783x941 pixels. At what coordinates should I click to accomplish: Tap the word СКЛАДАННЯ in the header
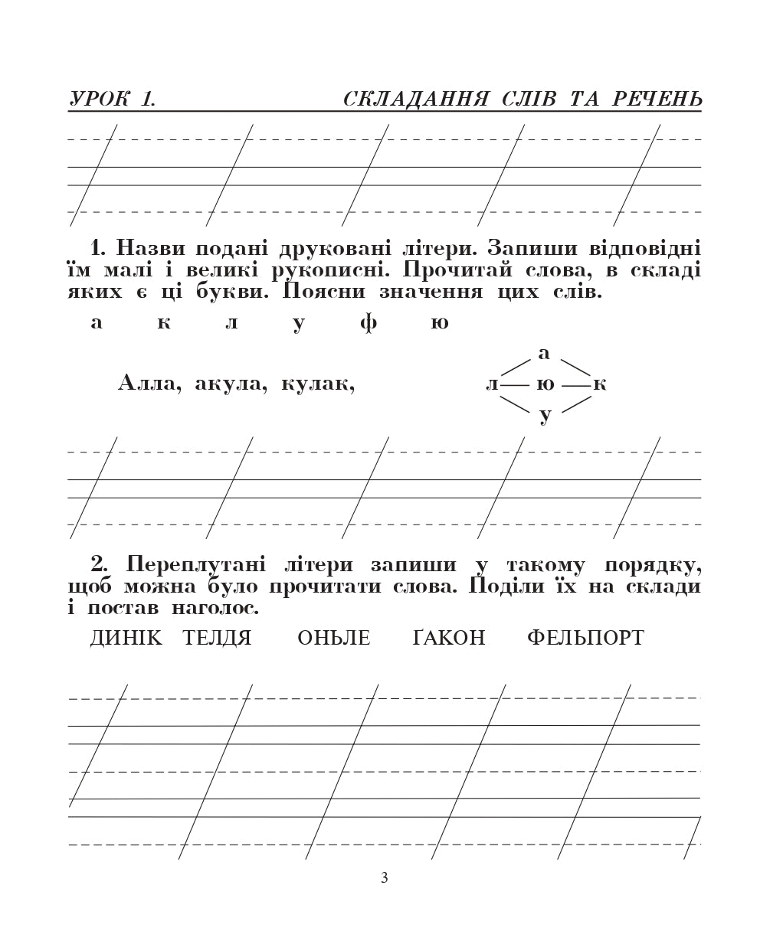pyautogui.click(x=416, y=100)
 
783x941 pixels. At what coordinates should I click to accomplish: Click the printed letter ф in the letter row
pyautogui.click(x=369, y=323)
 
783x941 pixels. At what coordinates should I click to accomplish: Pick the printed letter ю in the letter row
pyautogui.click(x=439, y=323)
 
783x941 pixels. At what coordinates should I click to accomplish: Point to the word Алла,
pyautogui.click(x=150, y=383)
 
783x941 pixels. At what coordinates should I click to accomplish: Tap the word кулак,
pyautogui.click(x=318, y=383)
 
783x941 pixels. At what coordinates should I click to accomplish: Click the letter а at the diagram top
pyautogui.click(x=544, y=353)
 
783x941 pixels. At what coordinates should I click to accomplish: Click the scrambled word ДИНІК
pyautogui.click(x=126, y=638)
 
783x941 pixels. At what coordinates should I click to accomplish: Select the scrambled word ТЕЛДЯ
pyautogui.click(x=217, y=638)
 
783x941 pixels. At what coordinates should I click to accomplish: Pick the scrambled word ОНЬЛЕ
pyautogui.click(x=333, y=638)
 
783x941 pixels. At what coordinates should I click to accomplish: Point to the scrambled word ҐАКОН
pyautogui.click(x=449, y=638)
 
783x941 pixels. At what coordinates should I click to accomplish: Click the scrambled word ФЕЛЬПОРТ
pyautogui.click(x=585, y=638)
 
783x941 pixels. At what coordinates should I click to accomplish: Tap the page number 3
pyautogui.click(x=385, y=878)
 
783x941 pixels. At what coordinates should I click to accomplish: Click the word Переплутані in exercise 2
pyautogui.click(x=196, y=565)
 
